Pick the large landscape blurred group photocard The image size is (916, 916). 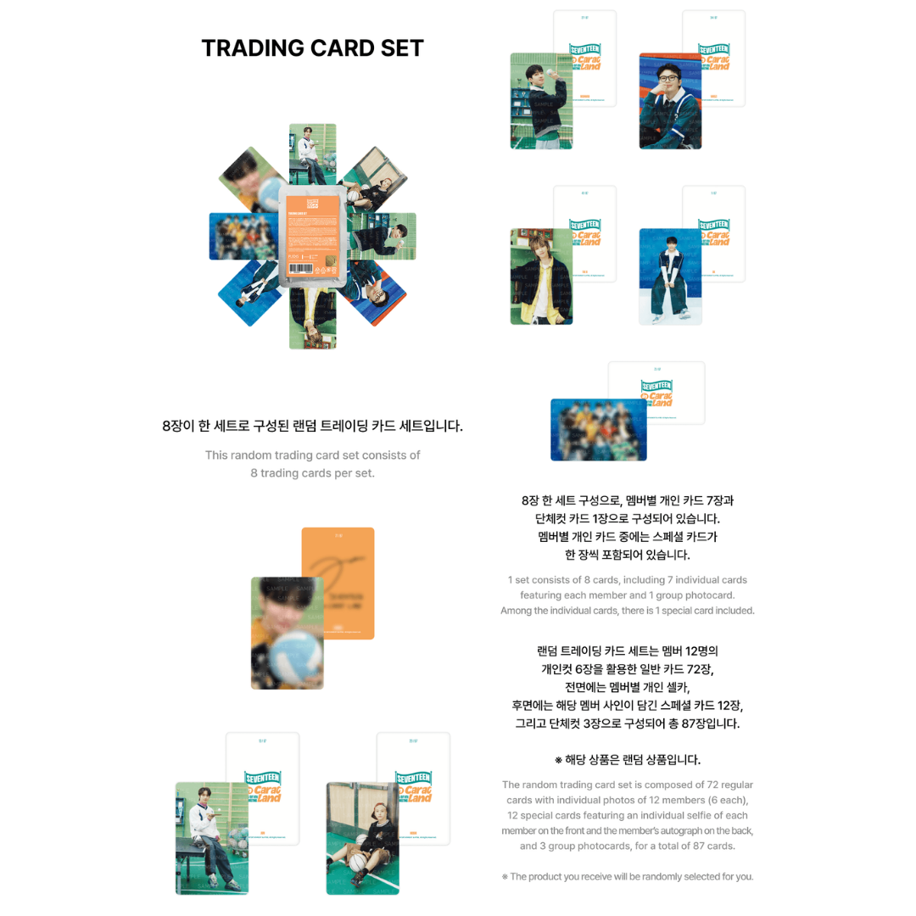[598, 429]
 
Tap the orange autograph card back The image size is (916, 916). [338, 584]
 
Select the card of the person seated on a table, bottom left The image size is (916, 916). [211, 837]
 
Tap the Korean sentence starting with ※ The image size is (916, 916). [627, 759]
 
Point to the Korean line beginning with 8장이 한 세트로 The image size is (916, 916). [312, 426]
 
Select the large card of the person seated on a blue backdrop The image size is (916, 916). [670, 276]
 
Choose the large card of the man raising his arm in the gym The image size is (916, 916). [541, 101]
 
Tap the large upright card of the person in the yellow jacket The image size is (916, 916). [541, 276]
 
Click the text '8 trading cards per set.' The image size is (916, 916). [312, 473]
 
